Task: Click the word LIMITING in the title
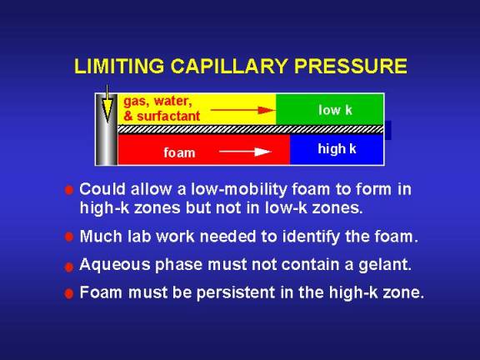pos(119,66)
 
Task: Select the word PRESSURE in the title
pos(351,66)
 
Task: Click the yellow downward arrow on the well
pos(107,103)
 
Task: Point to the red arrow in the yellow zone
pos(242,110)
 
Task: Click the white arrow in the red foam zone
pos(245,152)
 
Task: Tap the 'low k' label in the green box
pos(335,110)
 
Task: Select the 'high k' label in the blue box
pos(337,149)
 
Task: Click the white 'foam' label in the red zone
pos(179,152)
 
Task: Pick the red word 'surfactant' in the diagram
pos(168,116)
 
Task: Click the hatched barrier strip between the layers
pos(250,129)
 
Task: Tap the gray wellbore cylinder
pos(106,129)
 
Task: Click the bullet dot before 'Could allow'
pos(69,190)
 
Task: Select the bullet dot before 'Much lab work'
pos(69,237)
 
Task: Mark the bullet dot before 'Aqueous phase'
pos(69,267)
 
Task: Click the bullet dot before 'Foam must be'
pos(69,294)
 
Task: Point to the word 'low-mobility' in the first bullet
pos(239,189)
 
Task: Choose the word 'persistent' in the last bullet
pos(235,292)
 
